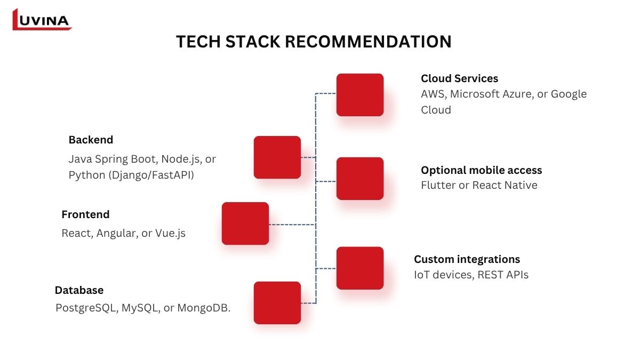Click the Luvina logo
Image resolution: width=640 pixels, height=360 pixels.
point(42,20)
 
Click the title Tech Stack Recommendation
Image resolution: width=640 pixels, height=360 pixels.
point(314,42)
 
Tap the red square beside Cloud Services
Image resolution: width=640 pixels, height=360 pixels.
point(360,95)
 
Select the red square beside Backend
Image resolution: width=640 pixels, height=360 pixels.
point(277,157)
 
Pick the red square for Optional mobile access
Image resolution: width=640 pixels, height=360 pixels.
point(360,179)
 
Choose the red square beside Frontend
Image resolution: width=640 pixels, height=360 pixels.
point(245,223)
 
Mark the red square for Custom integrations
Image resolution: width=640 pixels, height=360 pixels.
point(360,268)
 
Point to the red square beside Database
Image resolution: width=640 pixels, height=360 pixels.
point(277,303)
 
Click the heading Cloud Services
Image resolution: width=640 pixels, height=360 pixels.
point(459,78)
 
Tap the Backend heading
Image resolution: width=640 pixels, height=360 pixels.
point(91,140)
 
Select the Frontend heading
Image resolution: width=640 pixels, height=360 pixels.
point(85,214)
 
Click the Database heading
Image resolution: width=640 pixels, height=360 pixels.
point(79,290)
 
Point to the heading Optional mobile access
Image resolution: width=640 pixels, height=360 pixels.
point(481,170)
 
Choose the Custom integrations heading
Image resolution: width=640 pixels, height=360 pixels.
point(467,259)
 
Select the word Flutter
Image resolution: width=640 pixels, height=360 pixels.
point(438,185)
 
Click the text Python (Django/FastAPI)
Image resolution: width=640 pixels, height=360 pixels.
point(131,175)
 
